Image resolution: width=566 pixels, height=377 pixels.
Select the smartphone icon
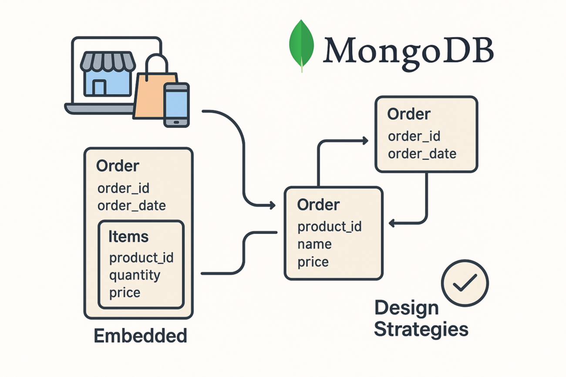(x=176, y=105)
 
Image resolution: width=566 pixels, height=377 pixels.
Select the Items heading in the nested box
(x=128, y=237)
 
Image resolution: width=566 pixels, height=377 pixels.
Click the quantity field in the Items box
(x=134, y=275)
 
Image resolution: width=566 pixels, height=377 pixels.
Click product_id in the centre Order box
(x=330, y=227)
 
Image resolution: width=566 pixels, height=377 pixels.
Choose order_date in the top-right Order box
(x=422, y=153)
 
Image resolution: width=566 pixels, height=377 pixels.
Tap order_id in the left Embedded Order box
(x=124, y=188)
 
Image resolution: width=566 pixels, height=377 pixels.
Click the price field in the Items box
(x=125, y=292)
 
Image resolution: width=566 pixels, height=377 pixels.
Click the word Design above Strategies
(x=406, y=308)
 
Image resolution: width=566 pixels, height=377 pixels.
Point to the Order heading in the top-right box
(x=408, y=114)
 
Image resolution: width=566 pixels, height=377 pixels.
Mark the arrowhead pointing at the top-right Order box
(x=364, y=140)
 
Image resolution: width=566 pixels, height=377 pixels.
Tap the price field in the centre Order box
(x=313, y=262)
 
